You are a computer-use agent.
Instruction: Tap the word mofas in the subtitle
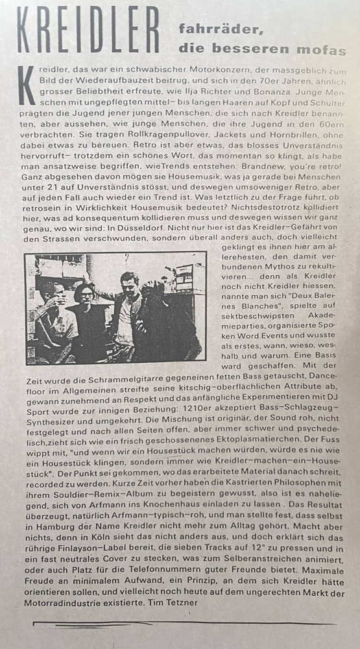point(324,50)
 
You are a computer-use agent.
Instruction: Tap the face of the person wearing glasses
point(86,294)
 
